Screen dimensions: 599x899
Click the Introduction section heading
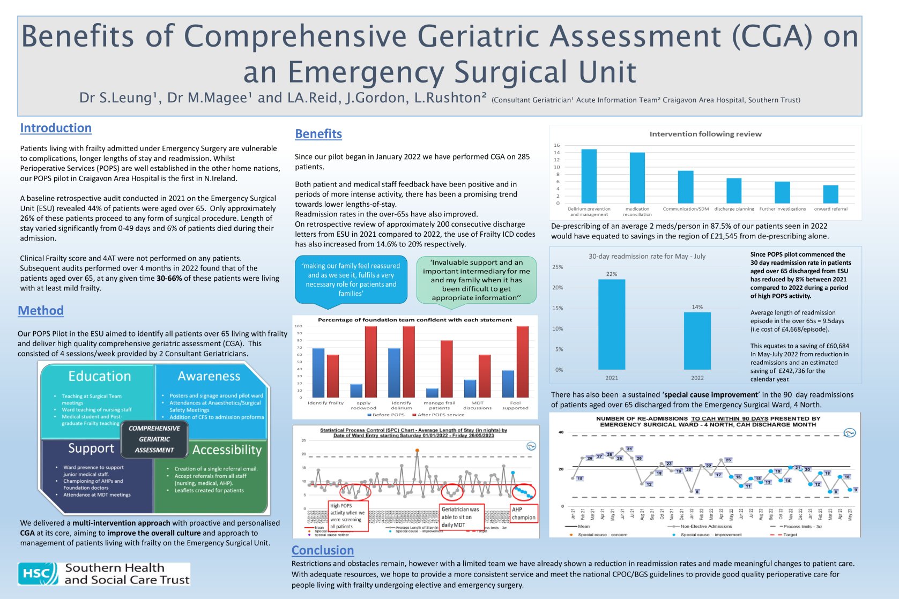tap(56, 128)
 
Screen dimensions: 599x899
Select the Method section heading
tap(41, 311)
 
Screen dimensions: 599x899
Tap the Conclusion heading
tap(323, 550)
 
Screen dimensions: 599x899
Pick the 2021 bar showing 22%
tap(611, 324)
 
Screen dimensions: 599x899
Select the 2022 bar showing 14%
tap(697, 341)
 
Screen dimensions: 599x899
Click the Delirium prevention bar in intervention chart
tap(589, 176)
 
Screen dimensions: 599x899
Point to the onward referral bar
tap(830, 194)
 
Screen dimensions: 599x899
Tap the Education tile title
tap(100, 376)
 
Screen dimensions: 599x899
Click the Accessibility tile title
tap(227, 450)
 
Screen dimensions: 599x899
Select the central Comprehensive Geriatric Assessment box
tap(154, 439)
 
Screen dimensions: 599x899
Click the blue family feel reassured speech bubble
tap(351, 280)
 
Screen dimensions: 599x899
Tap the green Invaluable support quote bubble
tap(476, 280)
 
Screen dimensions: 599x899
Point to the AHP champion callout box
tap(523, 513)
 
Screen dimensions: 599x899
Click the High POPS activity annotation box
tap(348, 516)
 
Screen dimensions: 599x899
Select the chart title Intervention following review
tap(705, 134)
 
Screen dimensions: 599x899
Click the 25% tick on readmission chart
tap(558, 267)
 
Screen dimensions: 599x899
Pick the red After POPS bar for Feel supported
tap(522, 362)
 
